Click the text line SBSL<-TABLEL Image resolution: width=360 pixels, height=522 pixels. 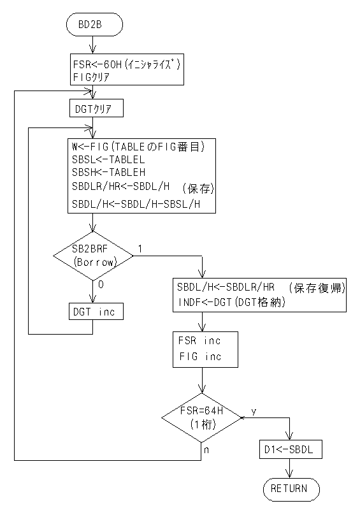point(108,160)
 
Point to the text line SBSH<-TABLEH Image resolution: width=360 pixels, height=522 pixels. point(108,173)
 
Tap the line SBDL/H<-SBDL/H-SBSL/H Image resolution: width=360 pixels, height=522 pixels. point(136,204)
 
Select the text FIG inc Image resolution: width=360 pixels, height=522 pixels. point(200,356)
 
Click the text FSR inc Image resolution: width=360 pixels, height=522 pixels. point(199,340)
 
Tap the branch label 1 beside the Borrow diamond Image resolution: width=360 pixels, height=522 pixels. point(140,249)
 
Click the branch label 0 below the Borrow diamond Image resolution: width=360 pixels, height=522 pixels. point(101,285)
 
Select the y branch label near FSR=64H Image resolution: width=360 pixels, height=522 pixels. point(254,412)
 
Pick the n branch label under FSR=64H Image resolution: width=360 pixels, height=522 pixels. point(206,450)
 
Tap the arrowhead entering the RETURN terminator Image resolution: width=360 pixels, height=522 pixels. point(289,475)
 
